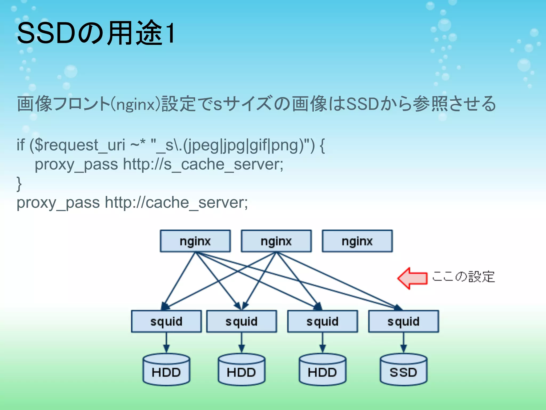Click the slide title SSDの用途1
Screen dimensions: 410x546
(x=96, y=33)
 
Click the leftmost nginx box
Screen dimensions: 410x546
(x=195, y=241)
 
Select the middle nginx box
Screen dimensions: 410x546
(x=276, y=241)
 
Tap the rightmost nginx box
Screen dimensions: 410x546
(x=357, y=241)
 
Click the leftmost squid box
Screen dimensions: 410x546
(x=166, y=321)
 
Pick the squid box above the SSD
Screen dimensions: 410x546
(x=403, y=321)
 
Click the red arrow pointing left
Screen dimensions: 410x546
(x=412, y=278)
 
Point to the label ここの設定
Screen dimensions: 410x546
(x=463, y=277)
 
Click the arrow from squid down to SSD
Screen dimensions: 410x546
(x=403, y=343)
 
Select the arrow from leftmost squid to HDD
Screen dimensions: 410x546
(x=166, y=343)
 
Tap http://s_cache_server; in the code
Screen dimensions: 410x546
(x=203, y=164)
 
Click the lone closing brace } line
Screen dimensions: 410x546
(x=19, y=184)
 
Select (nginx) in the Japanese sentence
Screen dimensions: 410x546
(x=135, y=104)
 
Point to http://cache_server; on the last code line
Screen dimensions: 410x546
(x=176, y=203)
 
